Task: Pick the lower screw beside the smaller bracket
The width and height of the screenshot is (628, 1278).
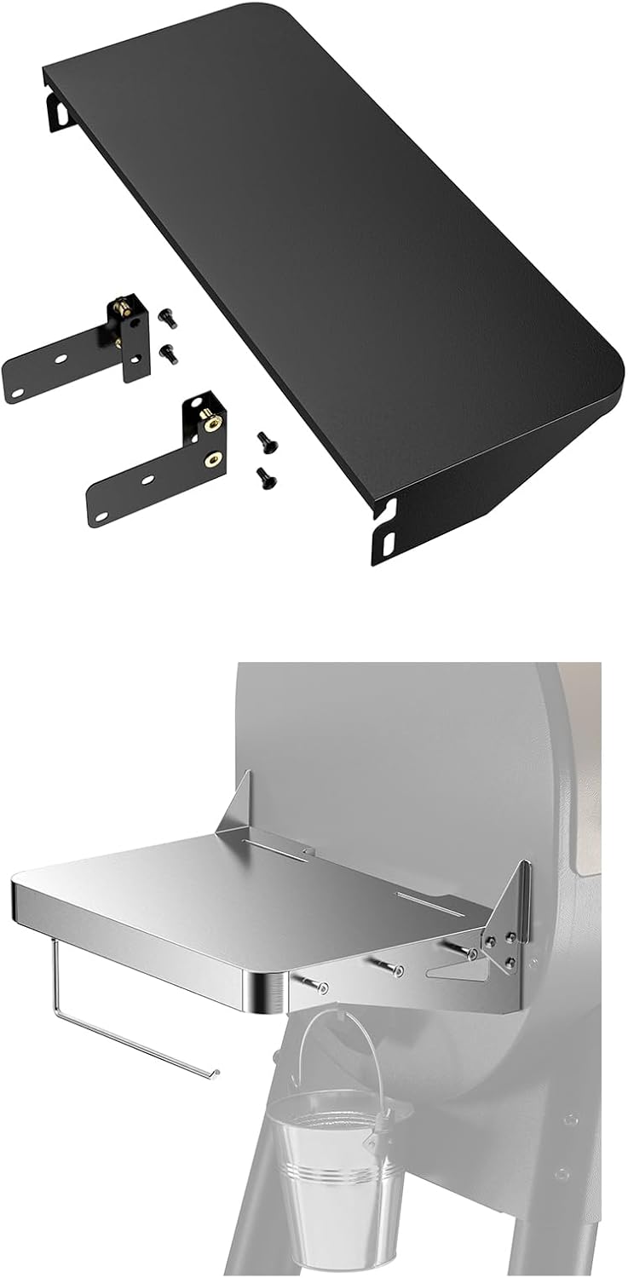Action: point(170,353)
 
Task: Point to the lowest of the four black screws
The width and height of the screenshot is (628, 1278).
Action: point(266,478)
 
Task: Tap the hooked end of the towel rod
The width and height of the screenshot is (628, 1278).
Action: point(214,1072)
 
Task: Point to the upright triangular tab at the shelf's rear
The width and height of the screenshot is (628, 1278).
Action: point(234,801)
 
